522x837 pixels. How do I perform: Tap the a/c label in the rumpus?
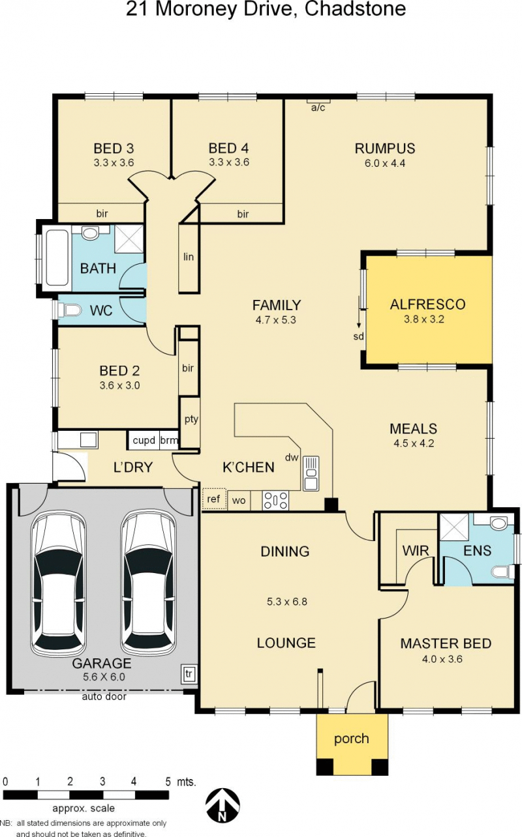[x=318, y=108]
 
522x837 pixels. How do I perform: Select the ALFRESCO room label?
[x=428, y=304]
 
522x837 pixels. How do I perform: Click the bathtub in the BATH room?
[x=57, y=257]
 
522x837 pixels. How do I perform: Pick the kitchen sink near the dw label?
[x=311, y=473]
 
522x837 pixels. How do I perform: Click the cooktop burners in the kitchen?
[x=275, y=501]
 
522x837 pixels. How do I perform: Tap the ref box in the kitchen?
[x=214, y=499]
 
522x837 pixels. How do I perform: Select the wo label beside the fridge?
[x=239, y=501]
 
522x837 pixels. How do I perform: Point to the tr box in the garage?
[x=189, y=674]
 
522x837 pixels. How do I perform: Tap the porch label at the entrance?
[x=352, y=739]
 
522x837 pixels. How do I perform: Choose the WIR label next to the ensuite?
[x=416, y=550]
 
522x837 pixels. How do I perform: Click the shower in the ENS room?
[x=453, y=527]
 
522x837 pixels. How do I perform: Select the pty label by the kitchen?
[x=191, y=419]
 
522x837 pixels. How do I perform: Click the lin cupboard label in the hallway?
[x=189, y=257]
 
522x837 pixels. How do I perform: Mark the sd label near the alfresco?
[x=358, y=336]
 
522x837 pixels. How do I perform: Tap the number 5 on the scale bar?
[x=168, y=782]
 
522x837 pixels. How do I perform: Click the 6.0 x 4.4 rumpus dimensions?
[x=385, y=163]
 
